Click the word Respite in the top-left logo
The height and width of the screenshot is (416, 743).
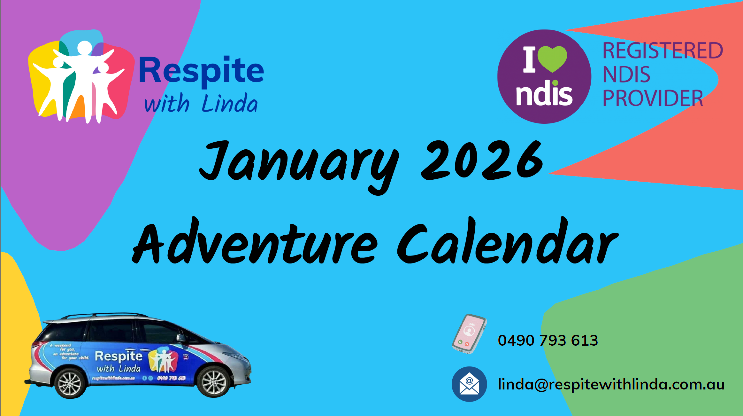click(201, 71)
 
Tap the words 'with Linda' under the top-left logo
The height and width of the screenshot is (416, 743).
click(201, 104)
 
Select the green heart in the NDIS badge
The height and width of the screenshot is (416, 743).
click(552, 58)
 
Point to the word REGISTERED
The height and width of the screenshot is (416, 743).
click(663, 51)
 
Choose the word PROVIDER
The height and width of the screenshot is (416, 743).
click(653, 98)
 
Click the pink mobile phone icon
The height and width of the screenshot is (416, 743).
click(469, 334)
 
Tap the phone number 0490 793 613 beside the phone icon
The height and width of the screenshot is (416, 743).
click(548, 340)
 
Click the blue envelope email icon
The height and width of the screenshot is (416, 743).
click(469, 384)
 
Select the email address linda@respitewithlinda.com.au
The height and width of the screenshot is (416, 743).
click(611, 384)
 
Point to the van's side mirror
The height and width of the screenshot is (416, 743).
click(181, 338)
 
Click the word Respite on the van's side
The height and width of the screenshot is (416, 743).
click(119, 356)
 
